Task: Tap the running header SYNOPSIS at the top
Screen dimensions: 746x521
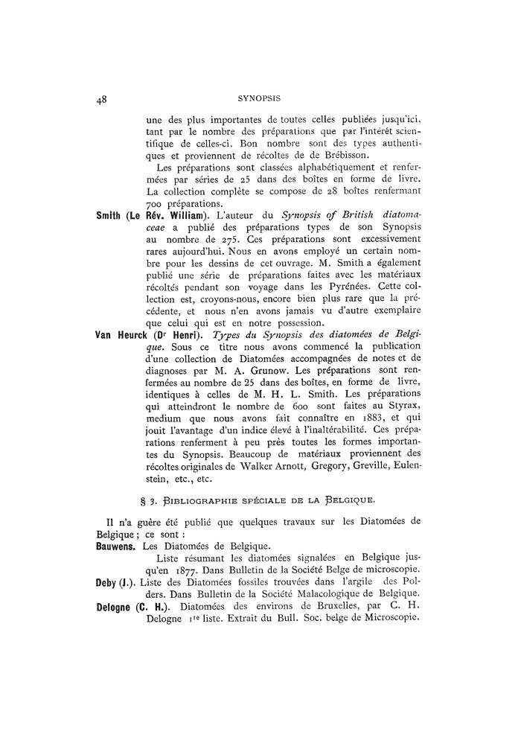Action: pyautogui.click(x=260, y=98)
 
